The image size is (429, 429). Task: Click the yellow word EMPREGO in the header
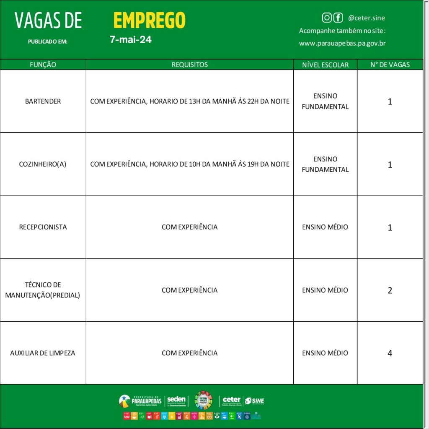click(149, 20)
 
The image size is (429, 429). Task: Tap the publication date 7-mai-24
click(131, 40)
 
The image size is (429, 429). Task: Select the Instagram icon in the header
click(327, 18)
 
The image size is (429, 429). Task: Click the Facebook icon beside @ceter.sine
click(338, 18)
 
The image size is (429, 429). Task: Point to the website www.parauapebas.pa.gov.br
click(342, 43)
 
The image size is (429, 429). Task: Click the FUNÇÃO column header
click(43, 65)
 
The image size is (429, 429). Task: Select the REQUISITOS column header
click(189, 65)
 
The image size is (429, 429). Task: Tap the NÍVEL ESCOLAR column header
click(325, 65)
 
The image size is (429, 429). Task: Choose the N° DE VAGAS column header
click(390, 65)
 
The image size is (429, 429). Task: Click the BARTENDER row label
click(43, 101)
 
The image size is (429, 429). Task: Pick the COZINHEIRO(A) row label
click(43, 164)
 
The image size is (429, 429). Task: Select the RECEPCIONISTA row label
click(43, 227)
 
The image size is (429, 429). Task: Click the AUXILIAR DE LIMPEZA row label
click(43, 353)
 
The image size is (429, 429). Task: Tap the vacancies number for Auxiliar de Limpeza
click(390, 353)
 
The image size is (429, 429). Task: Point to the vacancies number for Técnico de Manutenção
click(390, 290)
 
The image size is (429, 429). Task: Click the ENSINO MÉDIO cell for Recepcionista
click(325, 227)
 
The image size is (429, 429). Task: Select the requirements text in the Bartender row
click(189, 101)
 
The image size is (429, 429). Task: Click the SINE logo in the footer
click(255, 401)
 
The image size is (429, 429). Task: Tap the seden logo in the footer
click(176, 401)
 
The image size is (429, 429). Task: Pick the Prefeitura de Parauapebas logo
click(140, 401)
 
